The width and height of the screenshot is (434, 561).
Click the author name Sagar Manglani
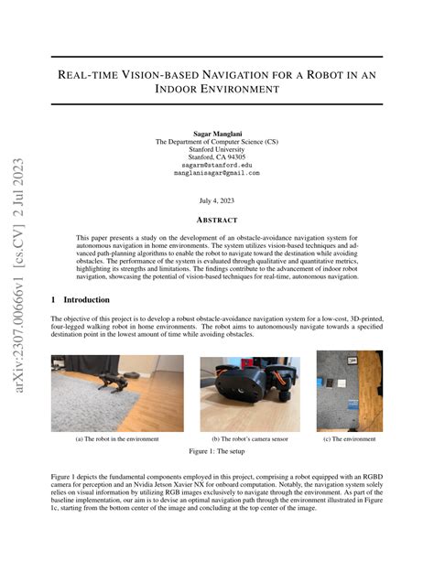(216, 134)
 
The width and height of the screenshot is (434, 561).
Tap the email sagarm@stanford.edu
(216, 165)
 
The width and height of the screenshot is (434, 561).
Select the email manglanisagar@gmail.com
(216, 172)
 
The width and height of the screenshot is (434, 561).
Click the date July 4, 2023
(216, 200)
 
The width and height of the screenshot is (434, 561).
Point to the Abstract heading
(216, 221)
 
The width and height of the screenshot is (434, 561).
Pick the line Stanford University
(216, 149)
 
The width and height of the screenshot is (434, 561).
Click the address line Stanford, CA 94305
(216, 156)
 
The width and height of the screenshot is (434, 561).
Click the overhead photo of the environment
(349, 391)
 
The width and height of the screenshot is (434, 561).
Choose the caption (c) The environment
(349, 439)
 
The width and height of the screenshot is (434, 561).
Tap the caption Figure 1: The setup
(216, 453)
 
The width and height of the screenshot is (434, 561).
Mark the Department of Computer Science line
(216, 142)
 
